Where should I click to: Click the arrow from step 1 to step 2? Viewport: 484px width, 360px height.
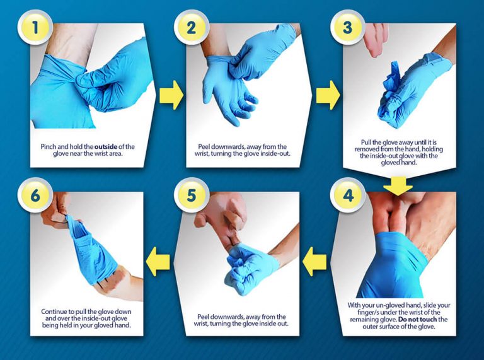point(170,95)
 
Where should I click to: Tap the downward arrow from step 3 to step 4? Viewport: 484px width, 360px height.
point(398,184)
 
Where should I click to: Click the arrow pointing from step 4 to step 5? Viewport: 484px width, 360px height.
point(315,258)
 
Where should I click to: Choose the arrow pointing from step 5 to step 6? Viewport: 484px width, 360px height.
point(159,258)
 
